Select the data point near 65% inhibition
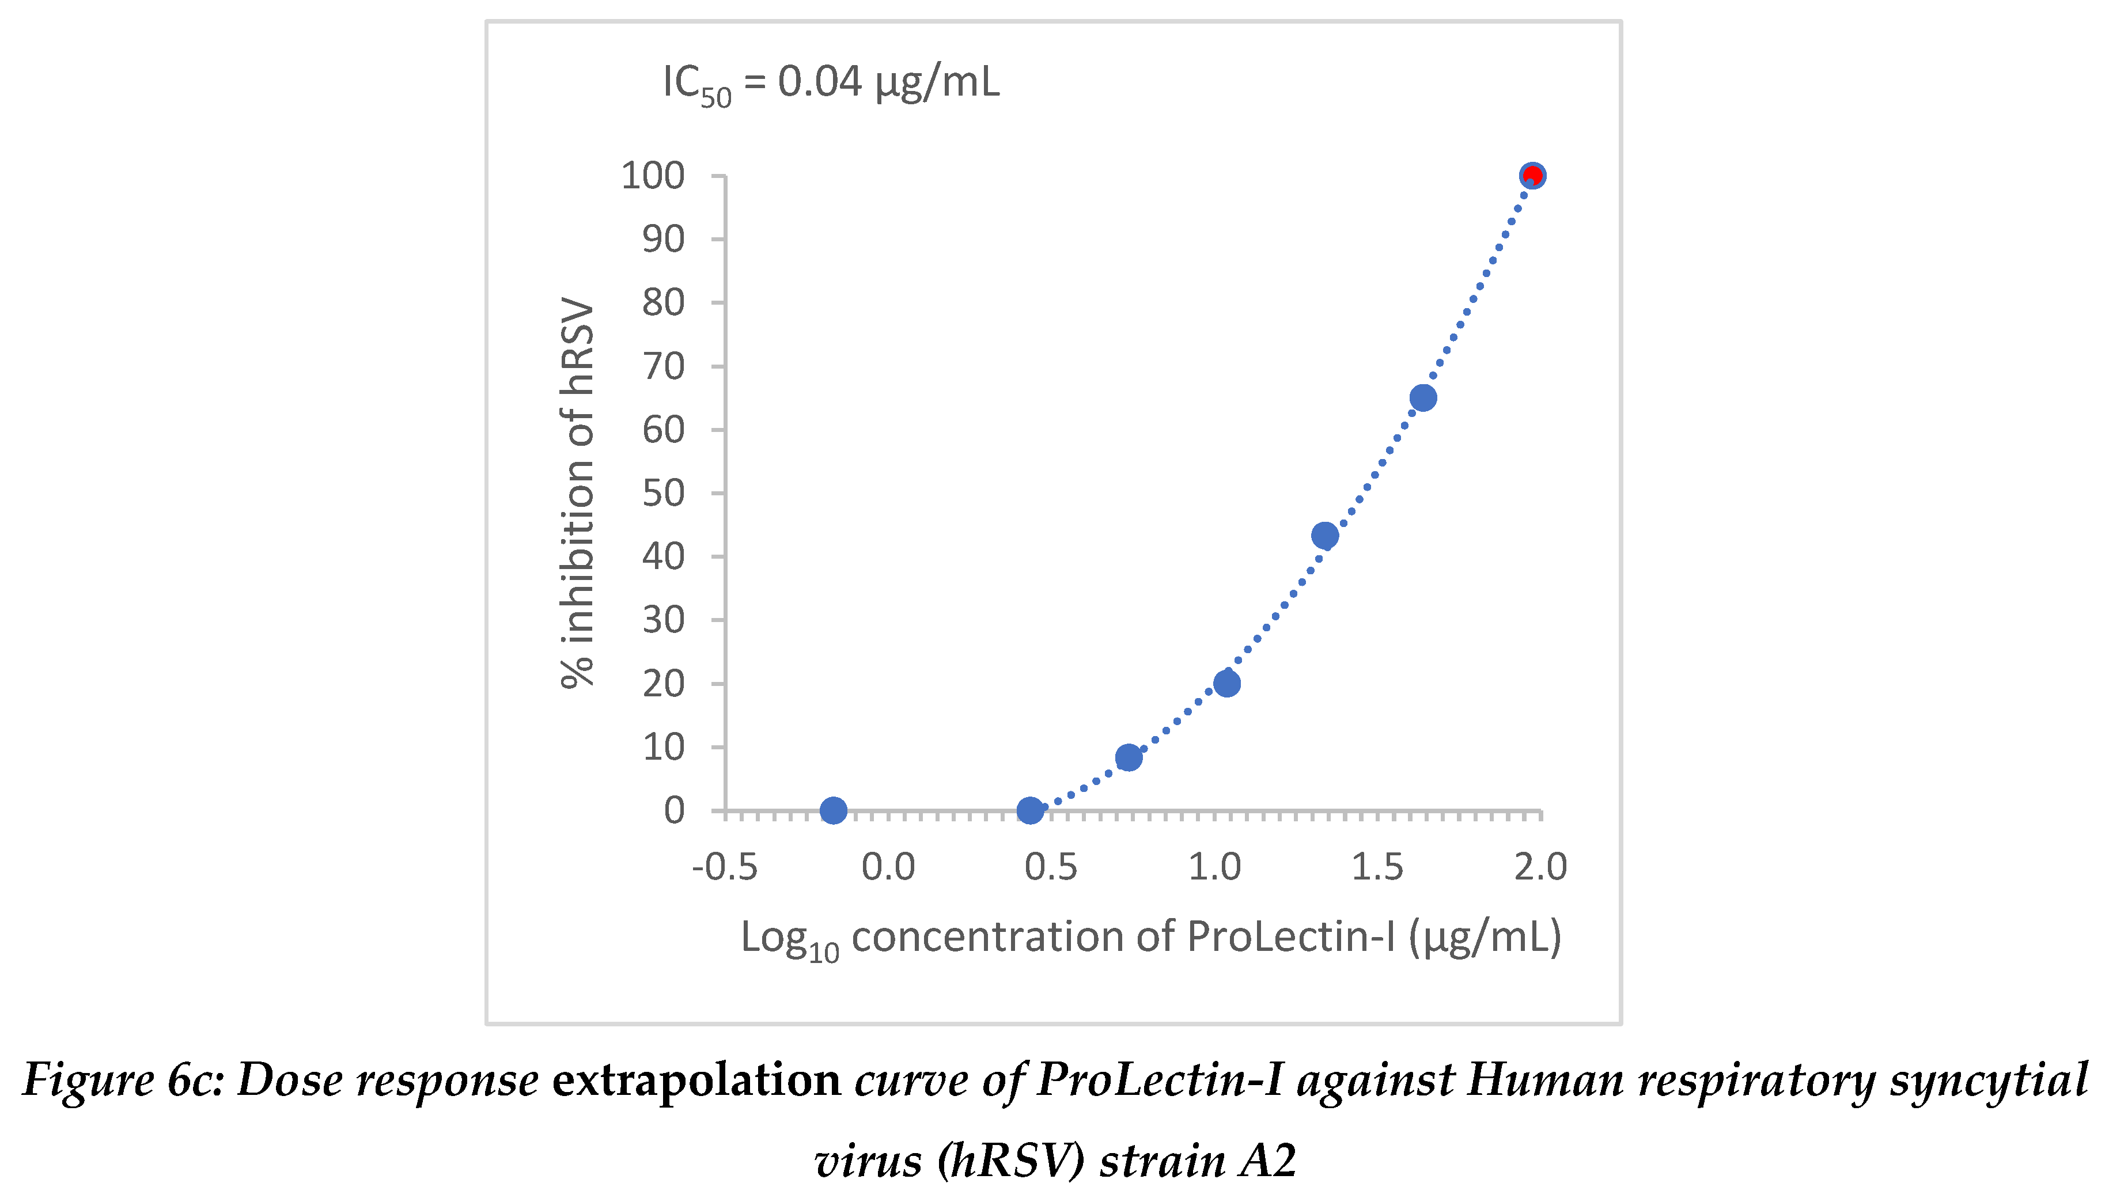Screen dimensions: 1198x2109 pyautogui.click(x=1423, y=398)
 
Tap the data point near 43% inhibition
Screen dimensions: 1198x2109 pyautogui.click(x=1324, y=536)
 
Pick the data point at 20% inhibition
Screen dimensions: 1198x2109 pyautogui.click(x=1226, y=683)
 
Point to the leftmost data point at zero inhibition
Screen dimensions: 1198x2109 pyautogui.click(x=833, y=810)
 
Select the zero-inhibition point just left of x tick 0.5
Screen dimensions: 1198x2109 pyautogui.click(x=1029, y=810)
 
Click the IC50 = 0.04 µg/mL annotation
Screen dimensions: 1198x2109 pyautogui.click(x=831, y=83)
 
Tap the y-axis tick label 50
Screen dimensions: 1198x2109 pyautogui.click(x=663, y=493)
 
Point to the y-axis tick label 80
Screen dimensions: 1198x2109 pyautogui.click(x=663, y=303)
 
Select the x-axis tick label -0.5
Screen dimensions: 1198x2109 pyautogui.click(x=724, y=867)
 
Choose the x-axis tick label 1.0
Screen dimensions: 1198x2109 pyautogui.click(x=1214, y=867)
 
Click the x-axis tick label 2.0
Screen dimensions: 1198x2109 pyautogui.click(x=1540, y=867)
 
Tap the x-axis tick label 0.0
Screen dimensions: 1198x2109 pyautogui.click(x=888, y=867)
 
